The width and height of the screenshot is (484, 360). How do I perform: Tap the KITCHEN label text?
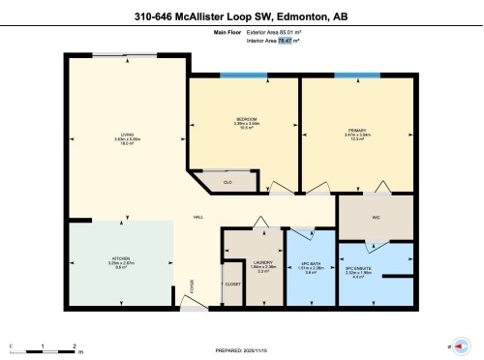coord(121,259)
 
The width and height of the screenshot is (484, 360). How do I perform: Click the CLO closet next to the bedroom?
coord(227,181)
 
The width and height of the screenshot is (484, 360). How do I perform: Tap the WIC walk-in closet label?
coord(375,217)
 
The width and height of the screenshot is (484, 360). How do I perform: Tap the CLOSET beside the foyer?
coord(232,285)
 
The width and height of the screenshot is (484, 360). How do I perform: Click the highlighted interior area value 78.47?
coord(286,41)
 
